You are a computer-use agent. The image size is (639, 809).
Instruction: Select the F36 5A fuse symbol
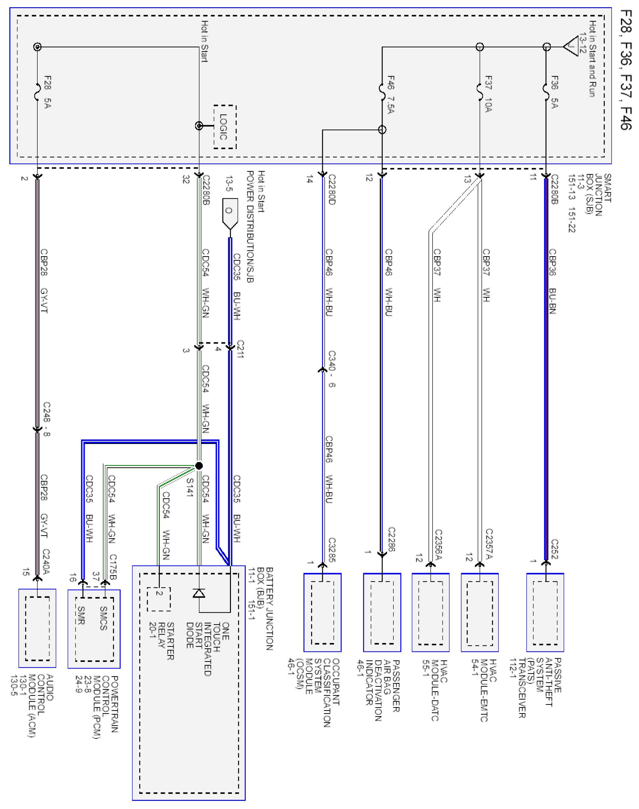546,88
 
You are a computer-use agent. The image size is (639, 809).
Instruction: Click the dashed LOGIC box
225,127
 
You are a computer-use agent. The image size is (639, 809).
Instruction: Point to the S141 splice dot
199,466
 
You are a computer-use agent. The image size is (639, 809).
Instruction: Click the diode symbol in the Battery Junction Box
199,593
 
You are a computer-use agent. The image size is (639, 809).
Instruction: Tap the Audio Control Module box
37,628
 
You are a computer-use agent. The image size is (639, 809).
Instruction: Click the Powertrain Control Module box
94,629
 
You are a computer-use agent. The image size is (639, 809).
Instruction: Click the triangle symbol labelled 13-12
571,46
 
